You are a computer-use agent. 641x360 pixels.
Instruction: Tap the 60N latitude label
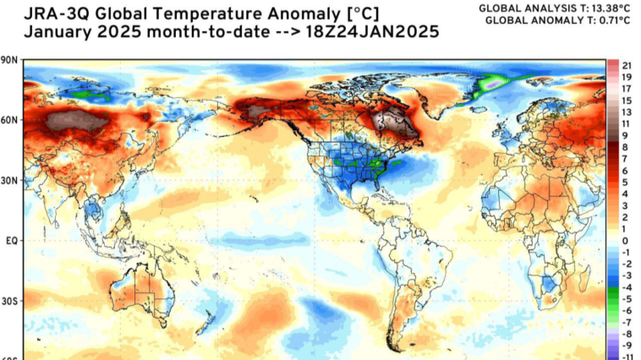(10, 120)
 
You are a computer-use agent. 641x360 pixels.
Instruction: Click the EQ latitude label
(12, 241)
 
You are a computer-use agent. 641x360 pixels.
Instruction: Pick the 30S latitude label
(10, 302)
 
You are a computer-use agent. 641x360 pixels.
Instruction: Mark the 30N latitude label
(10, 181)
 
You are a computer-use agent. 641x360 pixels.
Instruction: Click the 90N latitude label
(10, 60)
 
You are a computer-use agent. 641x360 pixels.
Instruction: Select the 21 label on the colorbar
(627, 65)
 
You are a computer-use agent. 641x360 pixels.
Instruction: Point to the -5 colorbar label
(627, 299)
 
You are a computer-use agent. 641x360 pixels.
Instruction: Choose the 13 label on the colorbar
(627, 112)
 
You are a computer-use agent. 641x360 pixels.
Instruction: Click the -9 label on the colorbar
(627, 346)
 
